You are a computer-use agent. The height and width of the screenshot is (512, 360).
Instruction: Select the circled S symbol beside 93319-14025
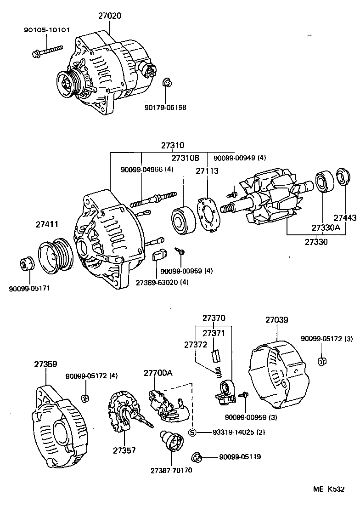(x=192, y=432)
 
